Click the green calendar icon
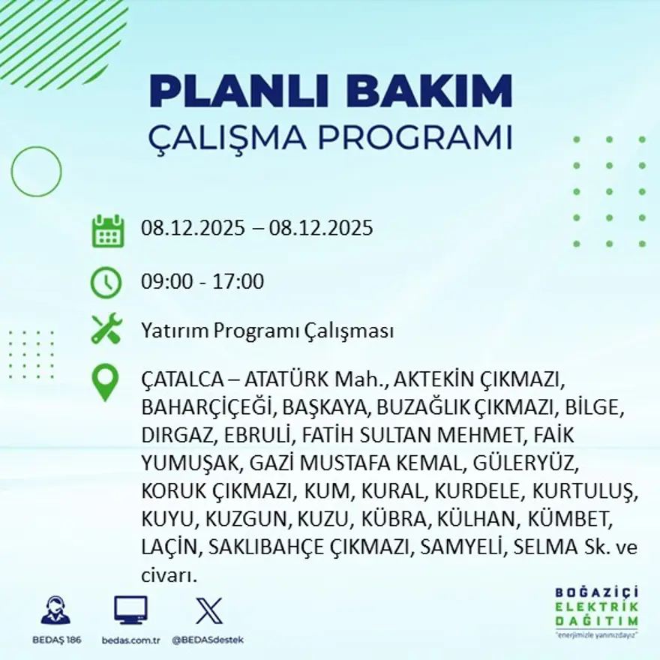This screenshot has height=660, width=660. click(x=107, y=231)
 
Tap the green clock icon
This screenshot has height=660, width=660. click(x=106, y=283)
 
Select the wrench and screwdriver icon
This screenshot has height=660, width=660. click(x=106, y=330)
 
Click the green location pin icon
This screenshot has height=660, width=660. click(x=105, y=382)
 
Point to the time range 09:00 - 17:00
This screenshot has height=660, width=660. click(x=202, y=283)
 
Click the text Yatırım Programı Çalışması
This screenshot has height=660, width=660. click(x=267, y=331)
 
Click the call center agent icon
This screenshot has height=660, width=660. click(x=55, y=610)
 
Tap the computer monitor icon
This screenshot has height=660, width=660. click(x=130, y=610)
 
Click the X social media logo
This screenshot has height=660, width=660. click(x=208, y=610)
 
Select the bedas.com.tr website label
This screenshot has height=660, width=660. click(x=130, y=640)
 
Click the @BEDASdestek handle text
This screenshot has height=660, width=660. click(x=208, y=640)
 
